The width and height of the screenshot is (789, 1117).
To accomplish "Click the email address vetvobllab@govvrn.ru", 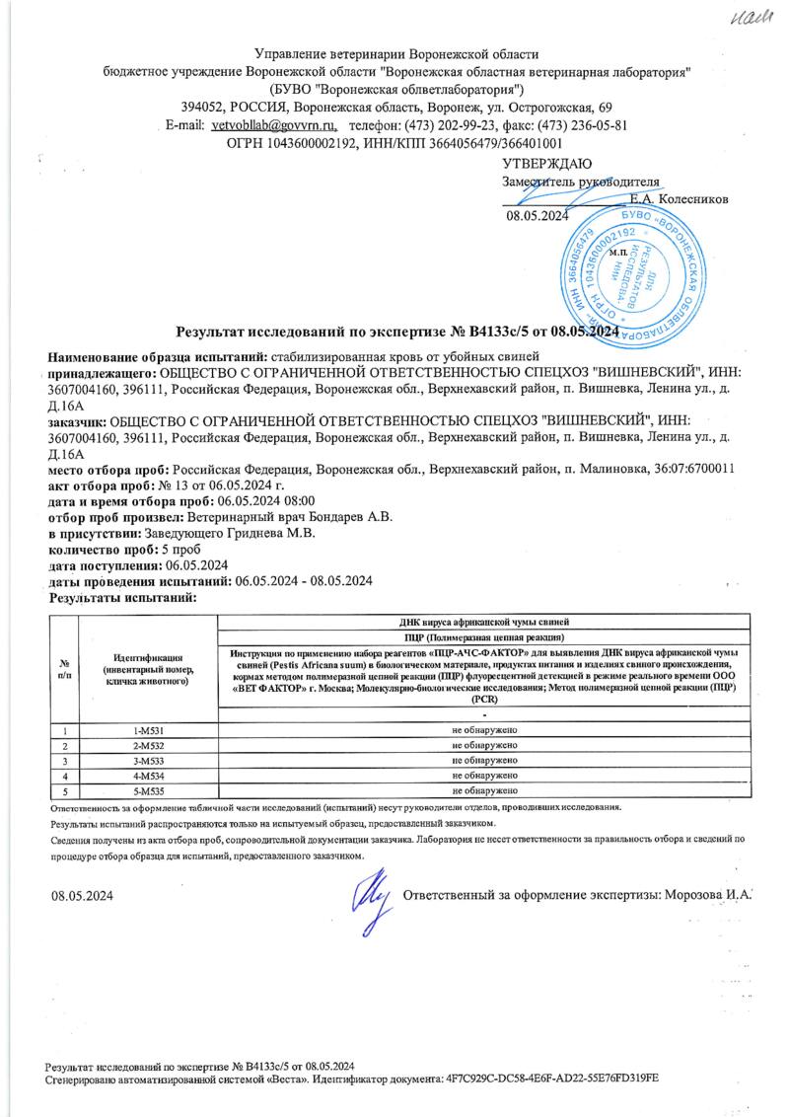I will tap(274, 126).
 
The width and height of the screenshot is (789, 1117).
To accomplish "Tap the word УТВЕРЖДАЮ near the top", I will tap(547, 163).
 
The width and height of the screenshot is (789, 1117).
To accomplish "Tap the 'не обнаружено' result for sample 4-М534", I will tap(485, 777).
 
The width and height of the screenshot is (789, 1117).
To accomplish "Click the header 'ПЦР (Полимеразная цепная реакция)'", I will tap(485, 637).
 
